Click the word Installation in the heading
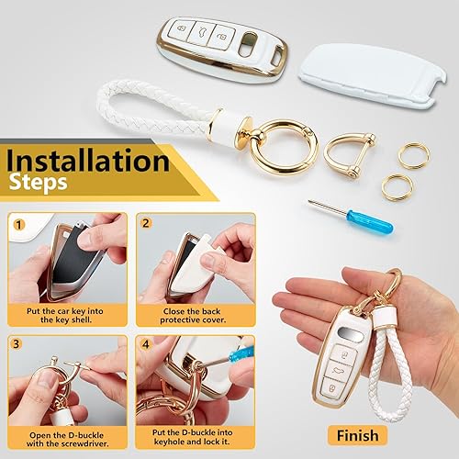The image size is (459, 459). [87, 162]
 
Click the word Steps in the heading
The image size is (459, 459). [38, 183]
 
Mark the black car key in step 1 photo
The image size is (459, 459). [53, 262]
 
